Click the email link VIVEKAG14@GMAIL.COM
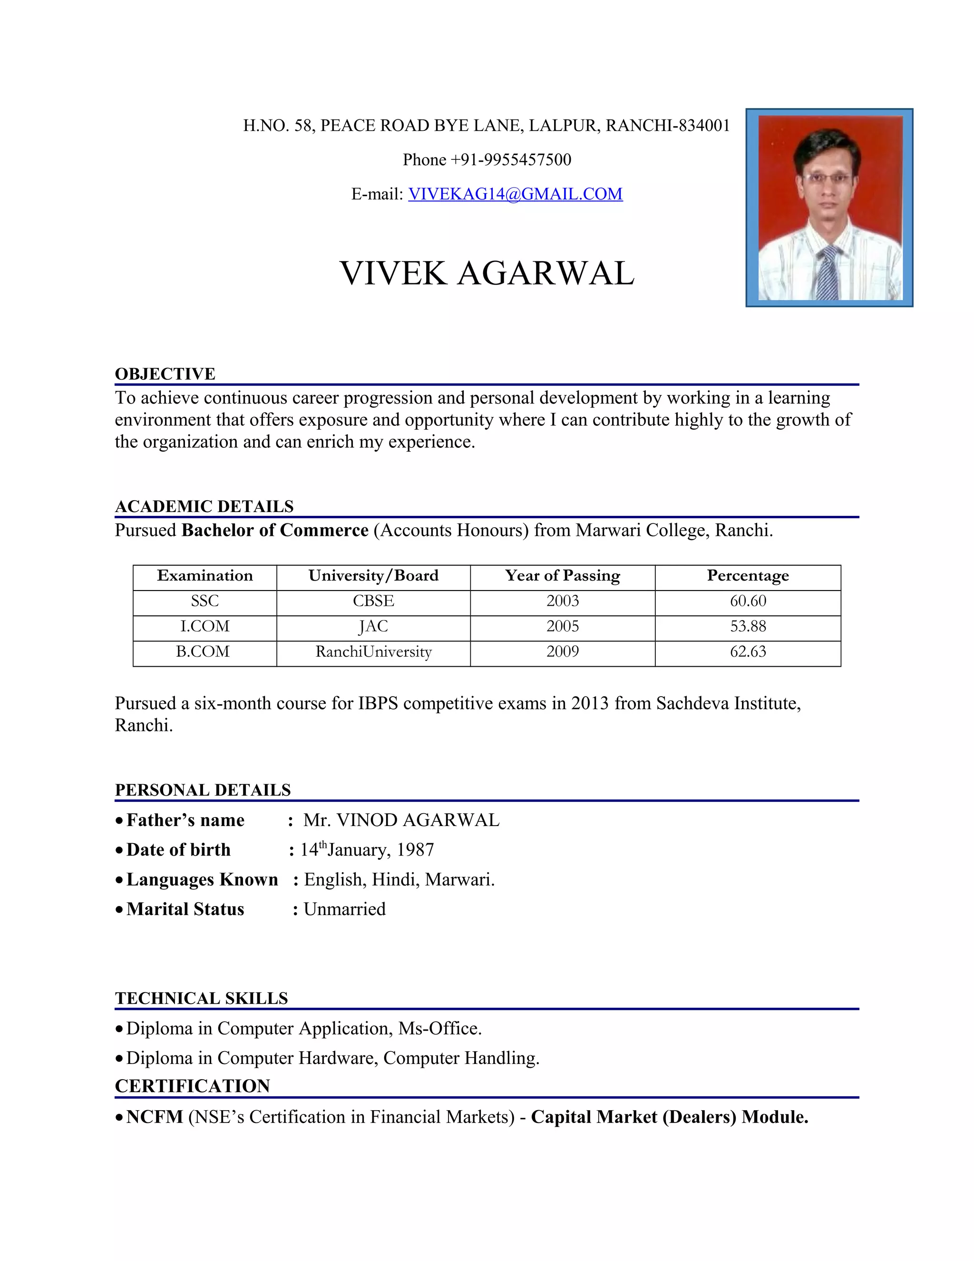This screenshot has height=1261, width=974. [x=515, y=194]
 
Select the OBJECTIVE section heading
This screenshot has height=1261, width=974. [x=165, y=374]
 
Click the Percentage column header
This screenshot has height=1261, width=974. [x=748, y=576]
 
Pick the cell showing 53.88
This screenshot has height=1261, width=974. [x=748, y=627]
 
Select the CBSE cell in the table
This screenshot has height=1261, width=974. [x=373, y=601]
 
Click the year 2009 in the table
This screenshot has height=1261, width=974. [x=563, y=652]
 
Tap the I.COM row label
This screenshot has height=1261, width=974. [x=205, y=627]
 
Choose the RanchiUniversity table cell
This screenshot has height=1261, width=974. [x=373, y=652]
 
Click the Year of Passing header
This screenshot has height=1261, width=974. [x=563, y=576]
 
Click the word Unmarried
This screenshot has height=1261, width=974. [x=344, y=909]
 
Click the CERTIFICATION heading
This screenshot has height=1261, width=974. [x=192, y=1086]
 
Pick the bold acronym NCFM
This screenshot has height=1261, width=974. [x=155, y=1117]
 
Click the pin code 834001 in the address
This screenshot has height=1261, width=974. [x=704, y=126]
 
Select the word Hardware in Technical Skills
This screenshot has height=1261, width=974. [x=338, y=1058]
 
